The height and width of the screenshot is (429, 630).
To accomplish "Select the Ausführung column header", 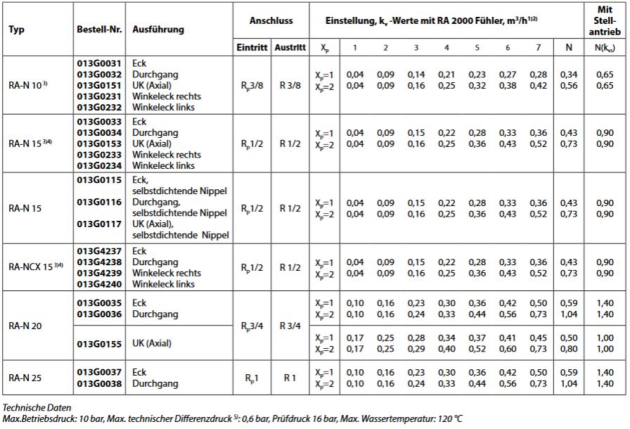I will point(158,30).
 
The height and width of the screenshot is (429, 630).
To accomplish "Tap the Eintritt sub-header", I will point(251,47).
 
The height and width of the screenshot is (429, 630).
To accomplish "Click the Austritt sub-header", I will point(290,47).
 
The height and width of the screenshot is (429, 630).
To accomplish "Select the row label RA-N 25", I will point(25,378).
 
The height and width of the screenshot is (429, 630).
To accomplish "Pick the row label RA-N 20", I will point(25,326).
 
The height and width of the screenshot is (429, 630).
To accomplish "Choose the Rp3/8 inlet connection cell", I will point(251,85).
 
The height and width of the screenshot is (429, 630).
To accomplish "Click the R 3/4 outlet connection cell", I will point(290,326).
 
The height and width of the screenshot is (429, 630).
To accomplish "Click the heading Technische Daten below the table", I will point(34,407).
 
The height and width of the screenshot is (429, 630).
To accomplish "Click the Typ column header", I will point(16,30).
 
